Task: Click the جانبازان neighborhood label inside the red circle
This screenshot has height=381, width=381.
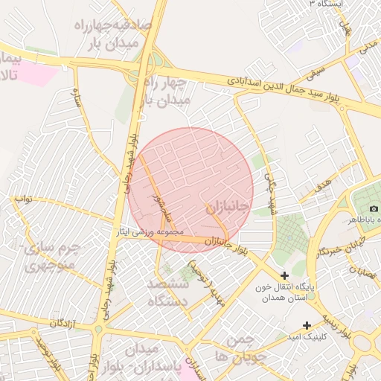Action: pos(225,208)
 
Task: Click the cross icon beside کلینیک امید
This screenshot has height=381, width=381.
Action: pos(307,324)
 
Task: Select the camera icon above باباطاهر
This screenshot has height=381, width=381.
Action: pos(374,208)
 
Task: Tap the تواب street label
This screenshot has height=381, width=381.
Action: pos(23,199)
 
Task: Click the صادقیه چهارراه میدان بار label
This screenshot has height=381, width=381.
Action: pos(113,33)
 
